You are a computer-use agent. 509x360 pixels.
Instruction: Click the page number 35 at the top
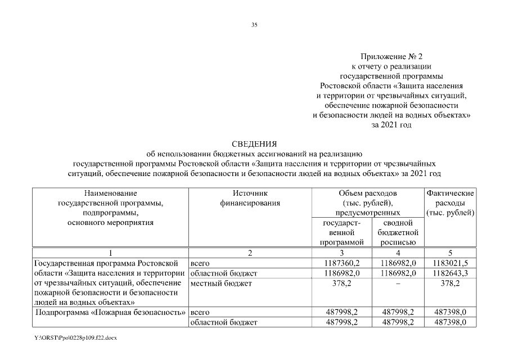point(254,25)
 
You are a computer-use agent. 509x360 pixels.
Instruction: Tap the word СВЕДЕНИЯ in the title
point(254,144)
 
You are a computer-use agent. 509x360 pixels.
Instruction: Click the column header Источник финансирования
point(250,197)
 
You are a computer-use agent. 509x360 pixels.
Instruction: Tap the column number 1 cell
point(110,253)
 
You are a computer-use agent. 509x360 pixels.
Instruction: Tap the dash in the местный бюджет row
point(398,283)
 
